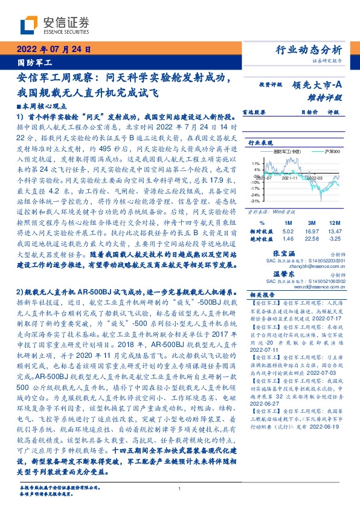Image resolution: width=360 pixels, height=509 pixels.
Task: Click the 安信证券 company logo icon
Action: click(x=30, y=24)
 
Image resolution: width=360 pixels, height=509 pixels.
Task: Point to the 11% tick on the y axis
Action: click(x=255, y=162)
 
